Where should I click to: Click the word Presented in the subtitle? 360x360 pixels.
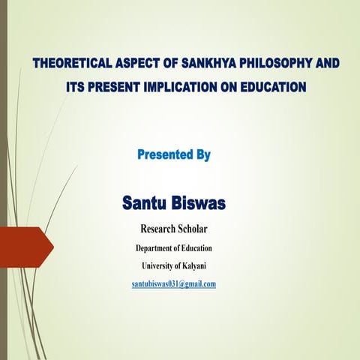[x=166, y=155]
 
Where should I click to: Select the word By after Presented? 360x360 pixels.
[x=202, y=155]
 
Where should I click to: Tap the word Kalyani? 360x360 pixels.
[x=201, y=265]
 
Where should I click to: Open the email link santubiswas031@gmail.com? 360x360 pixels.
[x=173, y=283]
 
